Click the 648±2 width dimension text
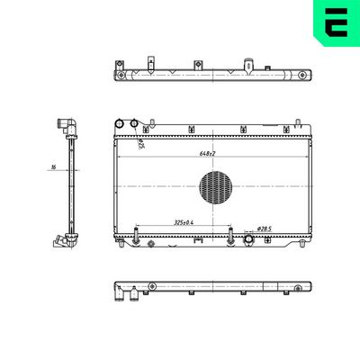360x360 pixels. click(209, 153)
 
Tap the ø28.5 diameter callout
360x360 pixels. click(265, 229)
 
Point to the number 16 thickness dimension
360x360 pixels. click(54, 167)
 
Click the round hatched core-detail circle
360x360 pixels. click(215, 188)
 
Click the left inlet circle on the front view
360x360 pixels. click(120, 124)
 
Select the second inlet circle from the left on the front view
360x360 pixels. click(135, 124)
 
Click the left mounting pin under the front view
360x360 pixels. click(134, 238)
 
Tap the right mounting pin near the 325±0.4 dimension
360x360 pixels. click(232, 238)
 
